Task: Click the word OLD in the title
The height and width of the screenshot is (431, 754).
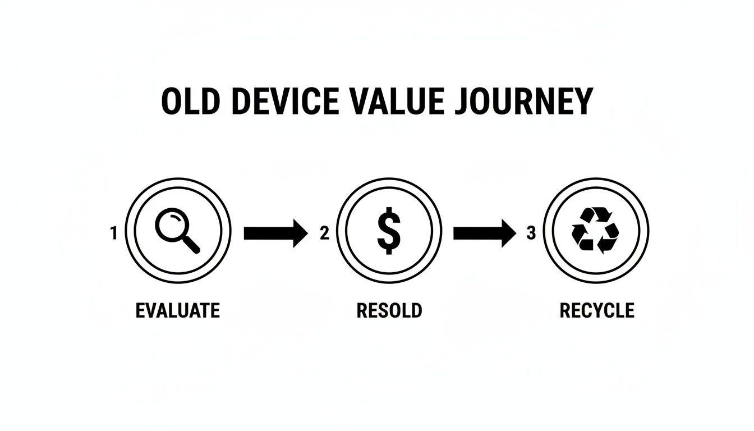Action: (x=191, y=102)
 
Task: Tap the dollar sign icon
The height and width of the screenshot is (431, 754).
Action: (x=388, y=231)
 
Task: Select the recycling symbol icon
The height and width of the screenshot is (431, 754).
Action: (x=595, y=230)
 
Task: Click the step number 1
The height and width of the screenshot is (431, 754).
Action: (x=114, y=233)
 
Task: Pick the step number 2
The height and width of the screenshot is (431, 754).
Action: (x=324, y=233)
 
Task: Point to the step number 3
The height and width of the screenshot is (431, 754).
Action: (x=531, y=233)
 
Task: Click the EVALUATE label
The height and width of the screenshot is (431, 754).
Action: (x=178, y=310)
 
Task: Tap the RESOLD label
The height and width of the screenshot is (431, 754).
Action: (x=389, y=310)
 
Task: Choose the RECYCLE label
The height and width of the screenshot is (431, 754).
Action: (x=597, y=310)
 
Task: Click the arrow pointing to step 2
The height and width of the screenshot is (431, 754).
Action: (x=275, y=233)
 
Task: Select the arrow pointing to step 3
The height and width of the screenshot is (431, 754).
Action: (x=484, y=233)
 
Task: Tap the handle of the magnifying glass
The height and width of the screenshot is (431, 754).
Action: (x=190, y=244)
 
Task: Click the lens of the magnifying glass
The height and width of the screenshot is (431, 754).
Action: (x=171, y=224)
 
